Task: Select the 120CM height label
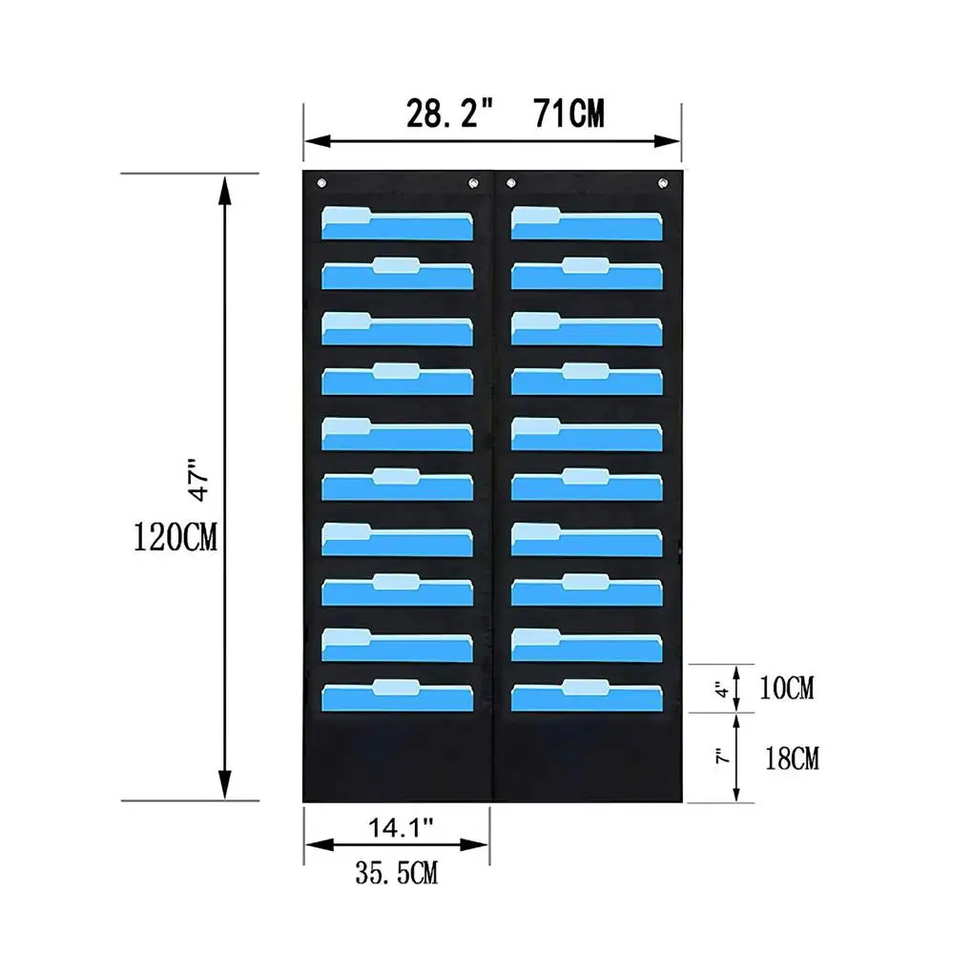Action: [176, 537]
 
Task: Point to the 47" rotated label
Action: [199, 480]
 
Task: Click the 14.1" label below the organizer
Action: [401, 827]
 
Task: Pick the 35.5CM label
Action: [397, 873]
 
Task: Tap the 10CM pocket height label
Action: [787, 688]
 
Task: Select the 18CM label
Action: [792, 758]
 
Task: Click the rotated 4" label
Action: [722, 689]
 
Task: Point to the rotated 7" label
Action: [722, 756]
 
